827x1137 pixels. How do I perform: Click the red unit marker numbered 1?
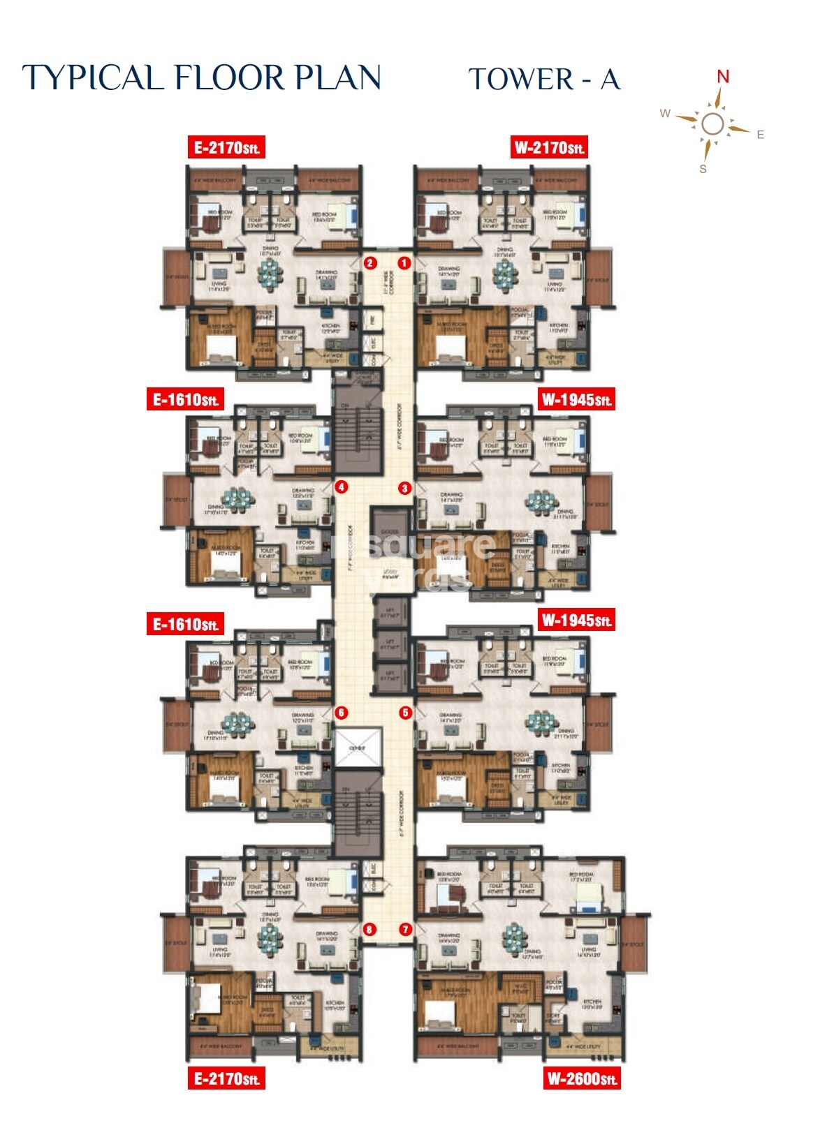click(x=404, y=263)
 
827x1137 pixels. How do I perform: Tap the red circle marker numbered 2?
click(x=370, y=263)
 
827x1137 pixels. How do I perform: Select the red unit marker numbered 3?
click(x=404, y=489)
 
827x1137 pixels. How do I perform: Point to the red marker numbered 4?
click(x=342, y=487)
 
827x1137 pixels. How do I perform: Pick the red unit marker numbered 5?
click(x=405, y=713)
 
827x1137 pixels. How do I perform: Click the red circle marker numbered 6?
click(x=342, y=713)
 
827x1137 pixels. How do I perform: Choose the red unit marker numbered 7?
click(x=405, y=930)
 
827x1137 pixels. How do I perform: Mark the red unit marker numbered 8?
click(x=369, y=930)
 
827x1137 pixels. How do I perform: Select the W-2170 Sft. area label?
click(x=549, y=147)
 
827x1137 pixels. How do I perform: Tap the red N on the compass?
click(x=723, y=77)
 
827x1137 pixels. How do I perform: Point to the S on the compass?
click(x=703, y=169)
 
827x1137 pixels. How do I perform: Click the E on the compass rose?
click(x=761, y=135)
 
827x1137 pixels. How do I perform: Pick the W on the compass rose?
click(x=666, y=114)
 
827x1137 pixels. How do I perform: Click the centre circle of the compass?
click(x=713, y=124)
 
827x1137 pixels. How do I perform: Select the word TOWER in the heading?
click(x=520, y=79)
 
